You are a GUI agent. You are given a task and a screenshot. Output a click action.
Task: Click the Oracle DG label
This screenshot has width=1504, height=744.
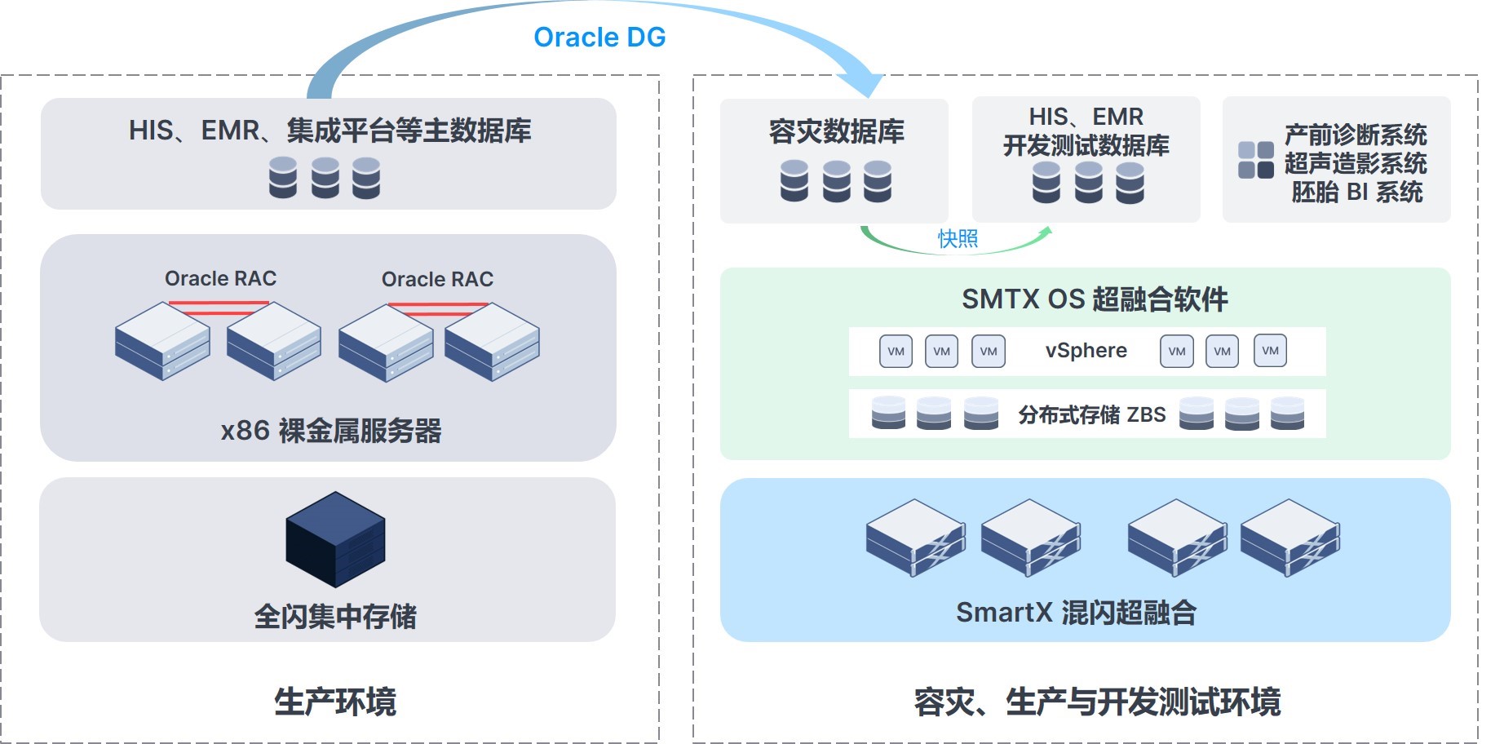click(x=599, y=37)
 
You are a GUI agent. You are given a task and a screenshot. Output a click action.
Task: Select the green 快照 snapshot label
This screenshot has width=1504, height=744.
click(x=958, y=238)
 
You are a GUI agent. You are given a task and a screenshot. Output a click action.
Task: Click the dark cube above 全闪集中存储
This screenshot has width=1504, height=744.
click(x=335, y=539)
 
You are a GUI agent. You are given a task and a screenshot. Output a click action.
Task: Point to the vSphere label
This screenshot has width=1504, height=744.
click(x=1086, y=350)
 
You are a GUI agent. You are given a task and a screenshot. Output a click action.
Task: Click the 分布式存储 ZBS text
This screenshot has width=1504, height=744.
click(x=1092, y=414)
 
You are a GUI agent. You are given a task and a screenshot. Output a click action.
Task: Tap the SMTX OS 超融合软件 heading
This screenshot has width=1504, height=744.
click(x=1095, y=299)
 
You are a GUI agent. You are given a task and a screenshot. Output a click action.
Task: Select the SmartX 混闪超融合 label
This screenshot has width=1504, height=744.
click(x=1076, y=612)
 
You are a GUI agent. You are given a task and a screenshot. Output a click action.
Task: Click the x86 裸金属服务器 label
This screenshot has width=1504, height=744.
click(x=331, y=430)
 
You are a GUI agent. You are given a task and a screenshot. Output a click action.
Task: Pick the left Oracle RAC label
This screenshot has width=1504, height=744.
click(x=220, y=278)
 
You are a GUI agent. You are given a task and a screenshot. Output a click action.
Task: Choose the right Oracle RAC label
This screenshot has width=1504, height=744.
click(x=437, y=279)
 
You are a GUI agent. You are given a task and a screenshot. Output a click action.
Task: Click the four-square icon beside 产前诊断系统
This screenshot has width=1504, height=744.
click(x=1256, y=160)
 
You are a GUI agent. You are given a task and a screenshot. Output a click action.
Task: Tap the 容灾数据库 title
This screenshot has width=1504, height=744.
click(x=837, y=131)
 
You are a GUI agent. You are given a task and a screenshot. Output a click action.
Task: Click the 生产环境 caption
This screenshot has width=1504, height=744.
click(x=335, y=701)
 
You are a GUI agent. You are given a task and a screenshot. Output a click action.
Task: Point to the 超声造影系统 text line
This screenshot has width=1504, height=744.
click(x=1356, y=163)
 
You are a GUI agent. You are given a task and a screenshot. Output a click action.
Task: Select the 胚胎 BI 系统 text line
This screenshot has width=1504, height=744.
click(x=1357, y=192)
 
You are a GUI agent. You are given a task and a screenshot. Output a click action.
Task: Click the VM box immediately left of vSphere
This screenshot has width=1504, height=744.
click(x=989, y=352)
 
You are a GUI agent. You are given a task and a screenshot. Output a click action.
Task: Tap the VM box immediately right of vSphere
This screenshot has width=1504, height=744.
click(x=1177, y=351)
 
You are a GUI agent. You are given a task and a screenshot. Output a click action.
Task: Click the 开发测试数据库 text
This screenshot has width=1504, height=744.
click(x=1086, y=145)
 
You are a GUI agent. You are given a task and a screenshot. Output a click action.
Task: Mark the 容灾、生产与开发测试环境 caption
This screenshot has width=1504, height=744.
click(x=1098, y=702)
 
